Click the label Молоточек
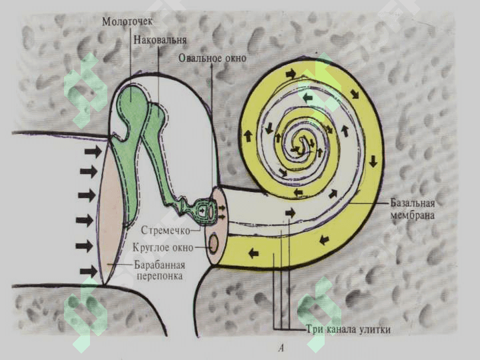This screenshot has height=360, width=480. [x=127, y=22]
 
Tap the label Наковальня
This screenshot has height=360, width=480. [x=160, y=40]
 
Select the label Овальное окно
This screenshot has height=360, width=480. [x=213, y=58]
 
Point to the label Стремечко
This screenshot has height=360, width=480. [x=165, y=230]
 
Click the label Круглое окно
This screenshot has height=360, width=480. [x=163, y=247]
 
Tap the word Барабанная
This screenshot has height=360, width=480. [x=160, y=265]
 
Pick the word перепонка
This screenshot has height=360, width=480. [x=159, y=276]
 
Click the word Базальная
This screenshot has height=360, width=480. [x=413, y=203]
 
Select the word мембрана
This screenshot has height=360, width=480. [x=412, y=215]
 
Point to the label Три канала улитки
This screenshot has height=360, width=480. [x=349, y=330]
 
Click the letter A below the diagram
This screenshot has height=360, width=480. [x=281, y=348]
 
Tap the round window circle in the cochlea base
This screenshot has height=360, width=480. [x=213, y=244]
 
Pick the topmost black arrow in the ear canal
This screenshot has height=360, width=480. [x=93, y=151]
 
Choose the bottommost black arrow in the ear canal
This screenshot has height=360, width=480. [x=89, y=271]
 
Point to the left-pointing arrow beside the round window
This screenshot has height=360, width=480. [x=253, y=253]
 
